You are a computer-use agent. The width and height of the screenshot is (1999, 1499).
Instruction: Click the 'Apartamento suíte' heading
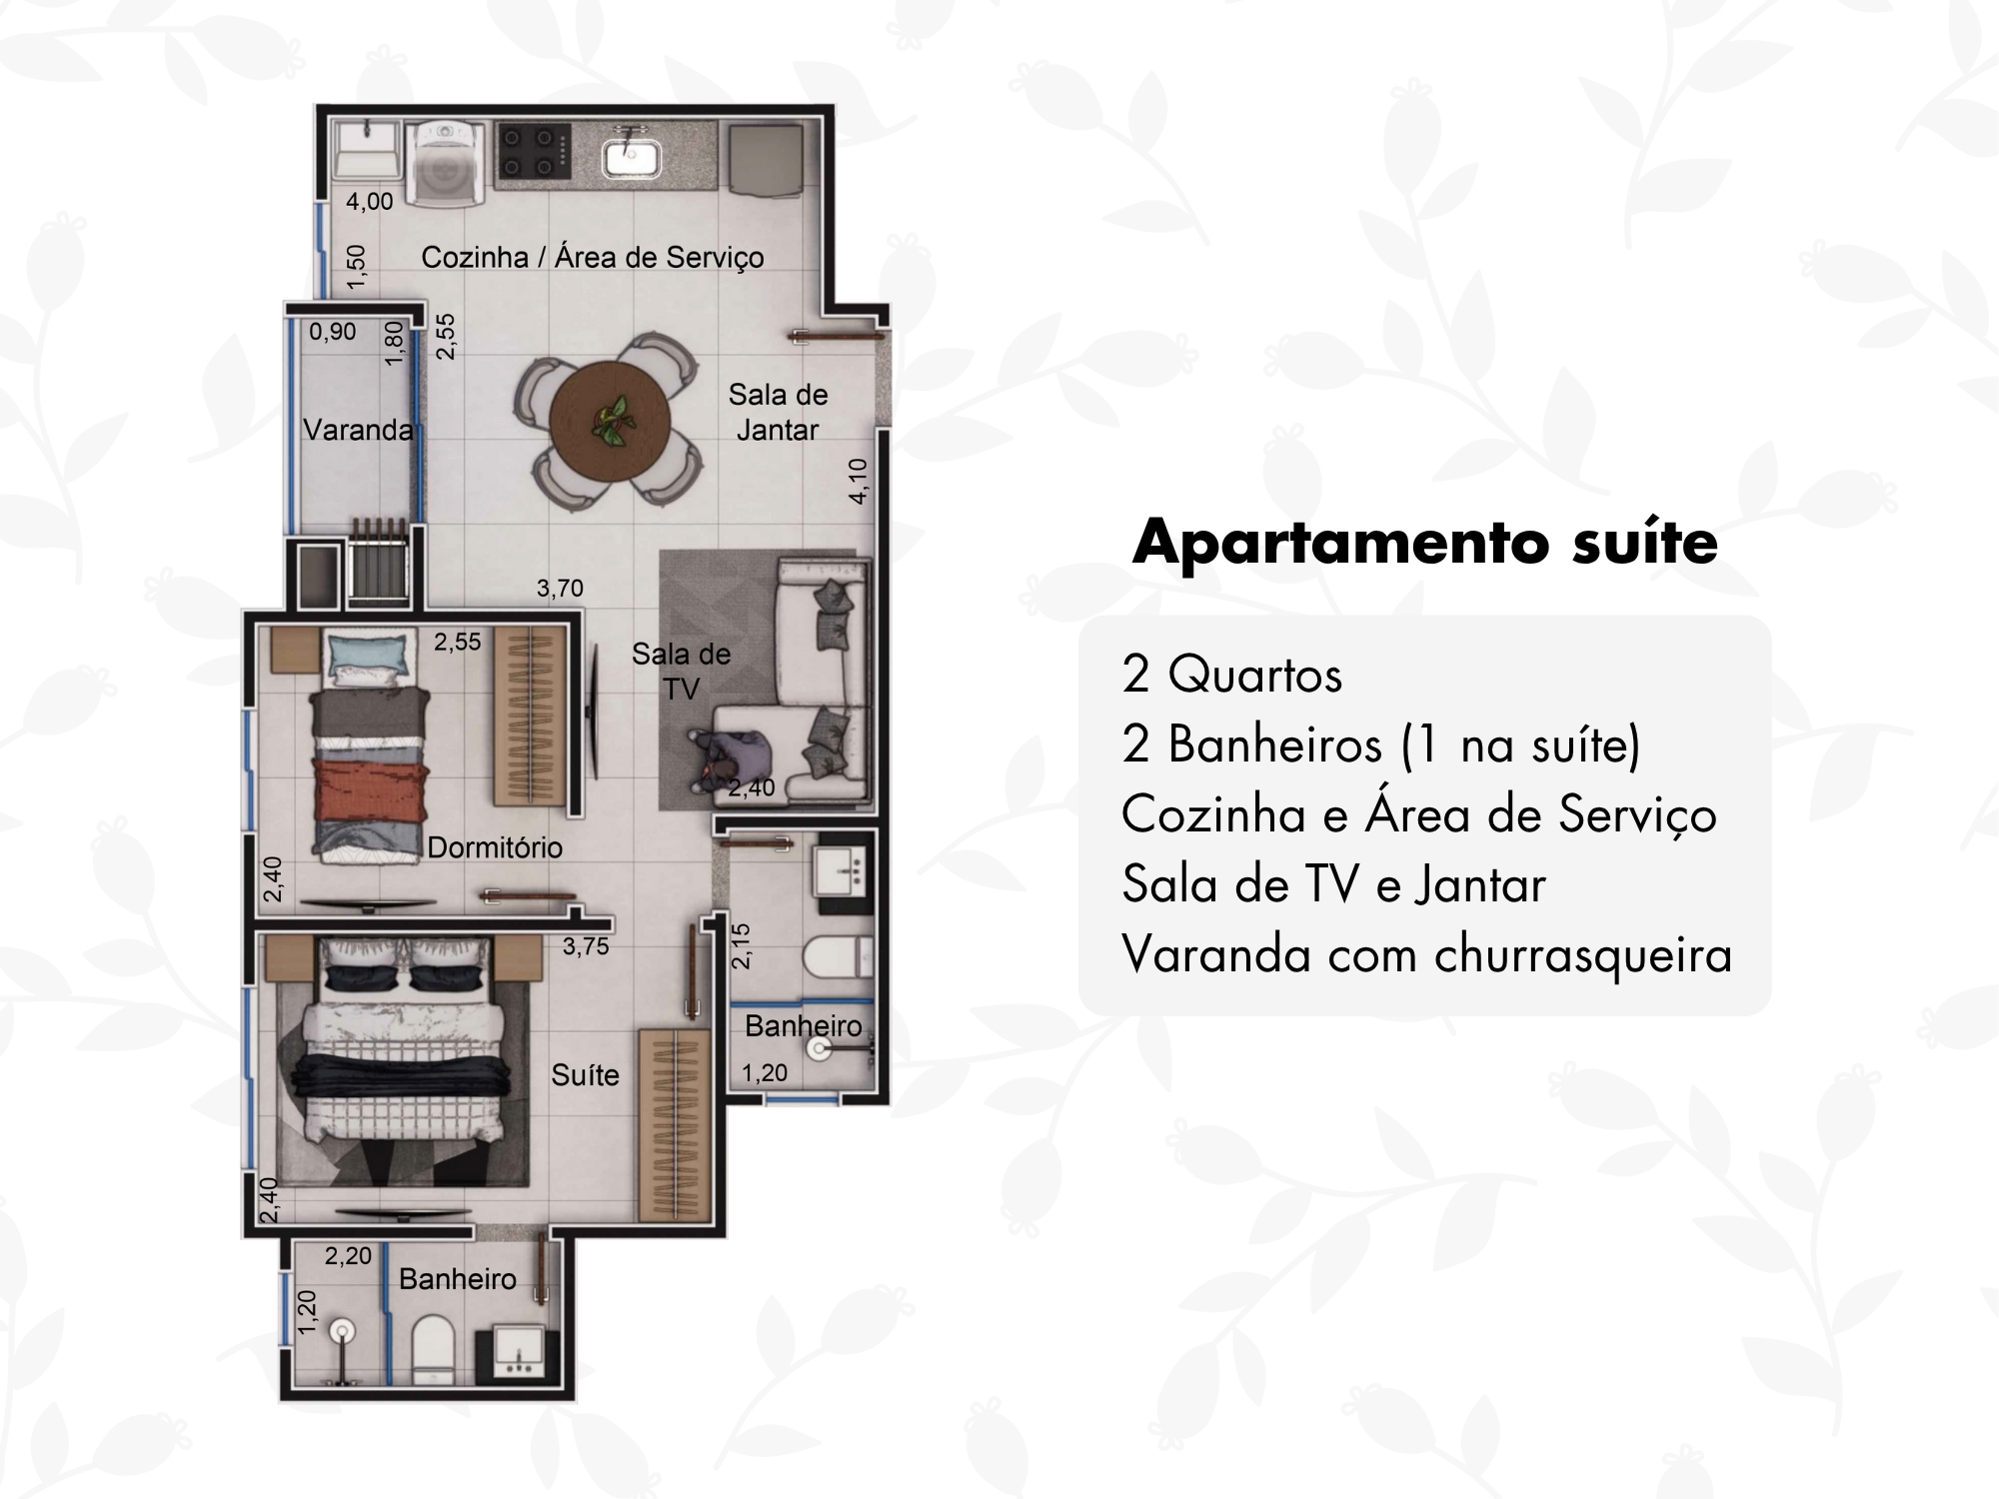1425,543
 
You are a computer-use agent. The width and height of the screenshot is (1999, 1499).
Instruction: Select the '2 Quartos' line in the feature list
1231,676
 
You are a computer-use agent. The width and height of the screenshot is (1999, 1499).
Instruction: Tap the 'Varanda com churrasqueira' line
1426,954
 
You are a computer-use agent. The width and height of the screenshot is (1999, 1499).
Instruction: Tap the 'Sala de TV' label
681,671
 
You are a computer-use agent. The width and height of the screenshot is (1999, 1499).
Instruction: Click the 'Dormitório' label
495,847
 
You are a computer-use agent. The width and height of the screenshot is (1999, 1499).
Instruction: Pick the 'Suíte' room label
585,1075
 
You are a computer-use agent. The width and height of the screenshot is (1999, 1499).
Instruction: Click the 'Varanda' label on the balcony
358,430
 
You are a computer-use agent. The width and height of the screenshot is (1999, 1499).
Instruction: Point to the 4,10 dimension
858,481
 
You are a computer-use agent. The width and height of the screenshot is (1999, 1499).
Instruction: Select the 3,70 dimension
560,589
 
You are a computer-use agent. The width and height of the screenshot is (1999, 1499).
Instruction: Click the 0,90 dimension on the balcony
332,332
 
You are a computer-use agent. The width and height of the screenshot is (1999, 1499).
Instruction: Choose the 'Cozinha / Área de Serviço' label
593,257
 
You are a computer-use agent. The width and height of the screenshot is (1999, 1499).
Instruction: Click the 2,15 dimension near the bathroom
740,945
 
